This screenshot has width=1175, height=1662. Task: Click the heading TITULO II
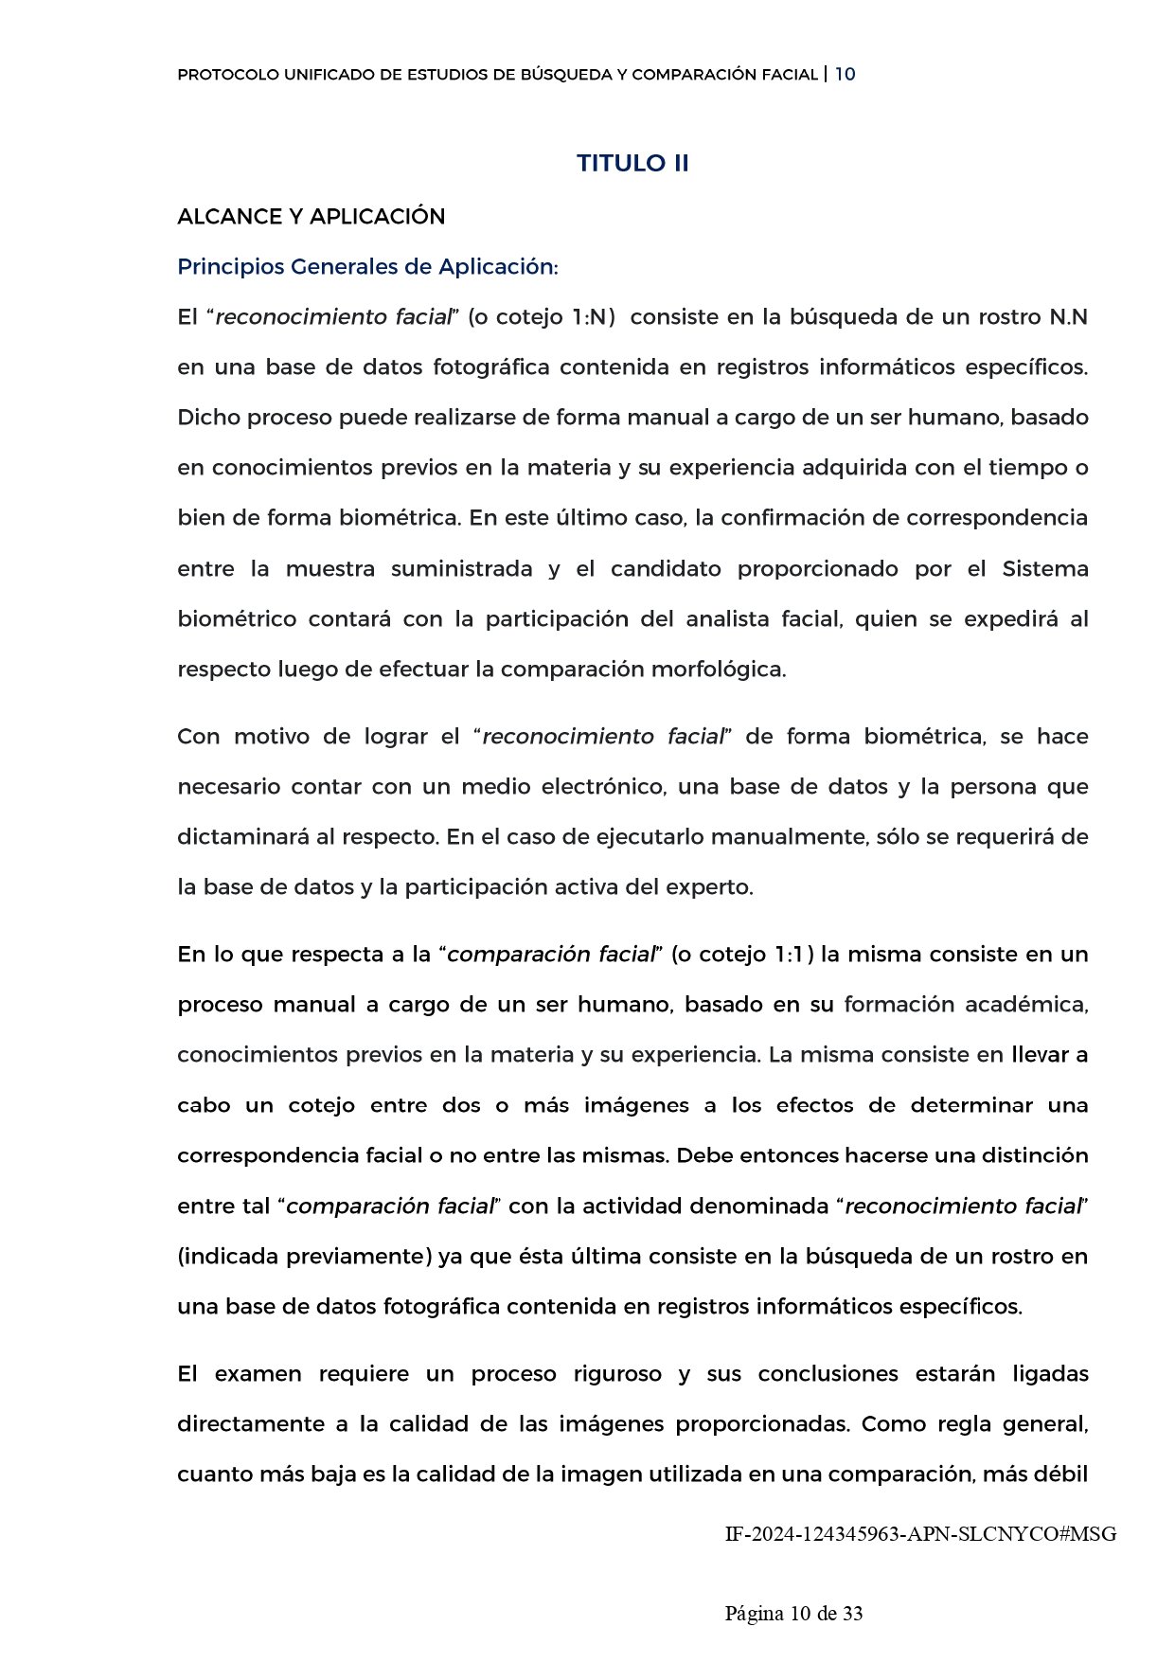click(x=632, y=163)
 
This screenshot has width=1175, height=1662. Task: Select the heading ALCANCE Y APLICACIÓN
click(x=311, y=217)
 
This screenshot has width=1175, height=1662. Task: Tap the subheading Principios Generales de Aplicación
click(x=367, y=267)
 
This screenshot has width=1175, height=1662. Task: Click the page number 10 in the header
click(x=846, y=74)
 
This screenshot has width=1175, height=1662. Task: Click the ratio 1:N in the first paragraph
click(x=593, y=317)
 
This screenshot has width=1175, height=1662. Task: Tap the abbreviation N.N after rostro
click(x=1068, y=317)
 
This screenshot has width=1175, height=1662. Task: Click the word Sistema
click(x=1045, y=569)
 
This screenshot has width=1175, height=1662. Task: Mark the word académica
click(x=1026, y=1005)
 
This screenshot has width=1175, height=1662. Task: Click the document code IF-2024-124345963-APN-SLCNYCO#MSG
click(x=920, y=1534)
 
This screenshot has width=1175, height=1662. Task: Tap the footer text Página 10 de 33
click(x=793, y=1614)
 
